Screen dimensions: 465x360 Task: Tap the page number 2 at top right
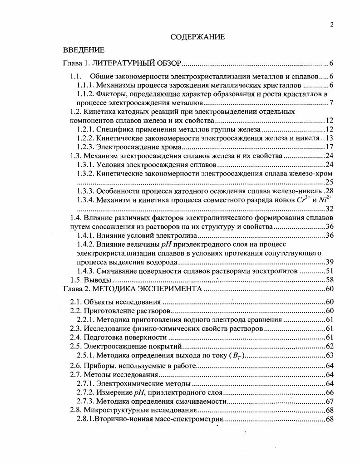pyautogui.click(x=332, y=25)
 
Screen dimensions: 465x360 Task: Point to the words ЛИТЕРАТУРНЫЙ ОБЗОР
pyautogui.click(x=140, y=63)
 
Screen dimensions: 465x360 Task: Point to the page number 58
pyautogui.click(x=330, y=279)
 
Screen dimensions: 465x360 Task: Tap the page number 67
pyautogui.click(x=330, y=401)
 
